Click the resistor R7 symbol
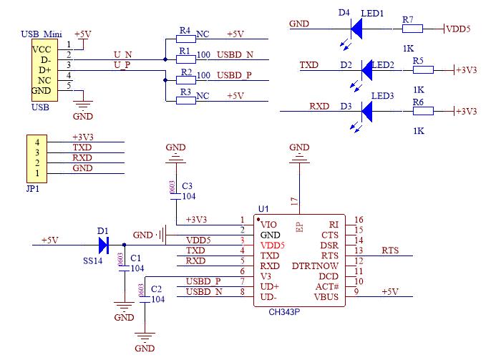point(412,29)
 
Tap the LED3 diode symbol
point(369,112)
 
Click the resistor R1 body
point(186,59)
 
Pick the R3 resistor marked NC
point(186,99)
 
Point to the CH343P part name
point(285,313)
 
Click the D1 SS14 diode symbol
point(102,245)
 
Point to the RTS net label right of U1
point(390,250)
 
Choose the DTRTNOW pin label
point(316,265)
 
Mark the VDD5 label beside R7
point(458,29)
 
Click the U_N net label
point(122,54)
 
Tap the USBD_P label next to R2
point(235,75)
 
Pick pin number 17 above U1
point(294,203)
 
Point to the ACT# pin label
point(326,285)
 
